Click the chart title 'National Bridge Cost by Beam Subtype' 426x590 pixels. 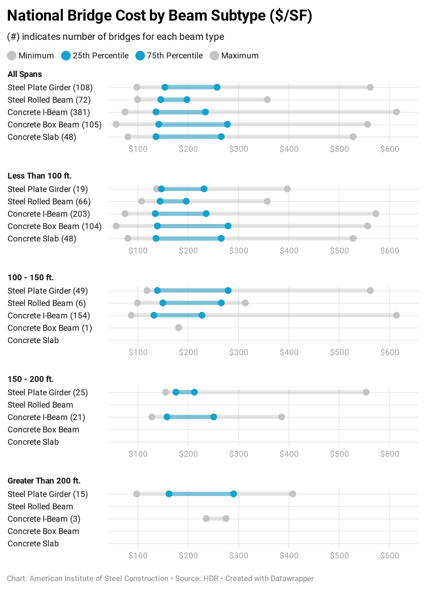(x=160, y=16)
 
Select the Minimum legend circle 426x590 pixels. (x=12, y=56)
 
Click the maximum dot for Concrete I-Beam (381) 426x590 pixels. (x=396, y=112)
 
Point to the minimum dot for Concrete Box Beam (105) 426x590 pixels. (x=116, y=124)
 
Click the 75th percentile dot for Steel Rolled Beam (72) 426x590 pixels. (x=187, y=100)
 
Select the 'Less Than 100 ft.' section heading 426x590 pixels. (x=39, y=176)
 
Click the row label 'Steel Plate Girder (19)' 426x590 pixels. (x=48, y=189)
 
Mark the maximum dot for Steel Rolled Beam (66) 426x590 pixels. (x=267, y=201)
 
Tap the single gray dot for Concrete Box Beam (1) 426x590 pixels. (x=178, y=328)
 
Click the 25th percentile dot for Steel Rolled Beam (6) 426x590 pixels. (x=162, y=303)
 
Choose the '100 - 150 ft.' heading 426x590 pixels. (x=31, y=277)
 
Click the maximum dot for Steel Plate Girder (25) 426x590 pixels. (x=366, y=392)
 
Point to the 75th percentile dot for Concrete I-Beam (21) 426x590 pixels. (x=214, y=417)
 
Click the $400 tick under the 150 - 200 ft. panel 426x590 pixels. (x=289, y=454)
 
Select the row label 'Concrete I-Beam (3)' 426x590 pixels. (x=44, y=519)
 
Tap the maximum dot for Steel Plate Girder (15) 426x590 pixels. (x=292, y=494)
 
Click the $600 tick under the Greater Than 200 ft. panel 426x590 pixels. (x=389, y=556)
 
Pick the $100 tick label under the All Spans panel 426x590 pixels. (x=138, y=149)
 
